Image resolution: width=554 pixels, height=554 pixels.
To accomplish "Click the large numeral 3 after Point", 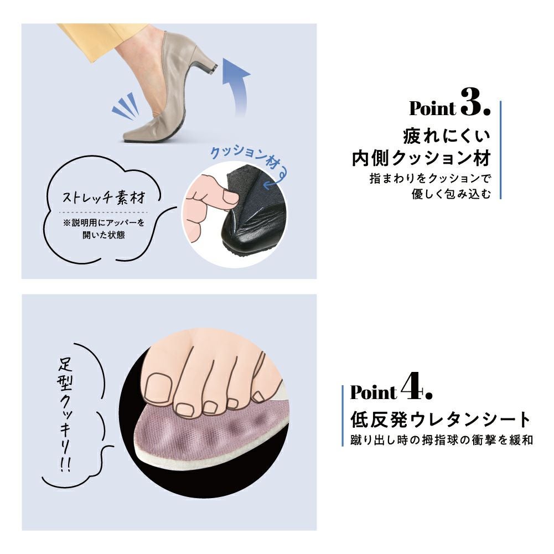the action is [472, 102].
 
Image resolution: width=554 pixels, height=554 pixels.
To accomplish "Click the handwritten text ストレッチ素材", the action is [103, 197].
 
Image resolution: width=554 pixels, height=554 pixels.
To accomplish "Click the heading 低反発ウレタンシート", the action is [441, 420].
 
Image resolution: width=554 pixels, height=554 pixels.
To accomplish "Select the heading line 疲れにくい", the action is [447, 136].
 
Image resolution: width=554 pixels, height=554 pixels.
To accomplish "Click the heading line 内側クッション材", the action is [421, 158].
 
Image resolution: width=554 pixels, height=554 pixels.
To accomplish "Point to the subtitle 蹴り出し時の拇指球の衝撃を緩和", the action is [441, 440].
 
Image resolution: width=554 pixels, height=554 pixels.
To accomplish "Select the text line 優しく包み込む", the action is [451, 194].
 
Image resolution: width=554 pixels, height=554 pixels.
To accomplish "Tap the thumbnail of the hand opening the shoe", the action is [230, 198].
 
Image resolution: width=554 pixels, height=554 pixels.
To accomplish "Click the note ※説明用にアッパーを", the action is [103, 223].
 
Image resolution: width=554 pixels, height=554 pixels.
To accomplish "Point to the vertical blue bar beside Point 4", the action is [343, 416].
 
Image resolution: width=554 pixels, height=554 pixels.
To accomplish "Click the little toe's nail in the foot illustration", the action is [258, 396].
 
